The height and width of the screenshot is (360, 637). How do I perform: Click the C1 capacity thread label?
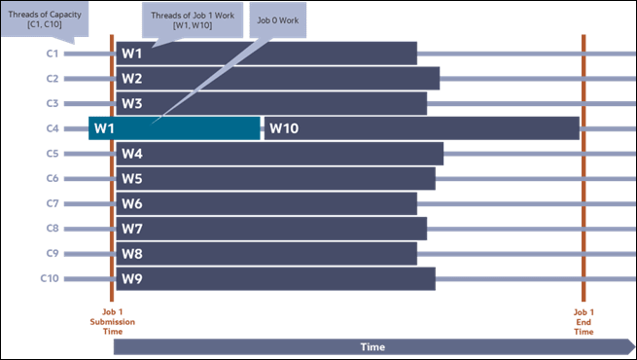pyautogui.click(x=53, y=53)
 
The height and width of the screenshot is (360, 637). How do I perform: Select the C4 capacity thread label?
pyautogui.click(x=53, y=128)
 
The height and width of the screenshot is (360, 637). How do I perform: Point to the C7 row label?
pyautogui.click(x=53, y=203)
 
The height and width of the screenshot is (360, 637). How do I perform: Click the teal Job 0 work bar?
pyautogui.click(x=174, y=128)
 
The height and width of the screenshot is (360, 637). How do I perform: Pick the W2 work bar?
pyautogui.click(x=277, y=78)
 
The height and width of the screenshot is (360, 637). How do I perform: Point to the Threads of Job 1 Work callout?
pyautogui.click(x=192, y=18)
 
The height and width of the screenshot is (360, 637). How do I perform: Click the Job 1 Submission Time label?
pyautogui.click(x=112, y=322)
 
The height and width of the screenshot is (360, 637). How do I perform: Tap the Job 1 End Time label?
pyautogui.click(x=584, y=322)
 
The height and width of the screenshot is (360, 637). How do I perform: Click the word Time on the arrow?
pyautogui.click(x=372, y=346)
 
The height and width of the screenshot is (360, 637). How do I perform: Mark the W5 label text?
pyautogui.click(x=132, y=179)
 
